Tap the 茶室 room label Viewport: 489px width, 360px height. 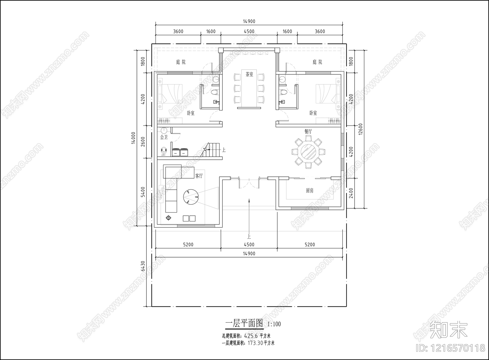(249, 74)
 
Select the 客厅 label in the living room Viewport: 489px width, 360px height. (199, 176)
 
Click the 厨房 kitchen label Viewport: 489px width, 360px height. (310, 191)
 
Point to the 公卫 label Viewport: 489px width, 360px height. (164, 137)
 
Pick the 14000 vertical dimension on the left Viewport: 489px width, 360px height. (133, 138)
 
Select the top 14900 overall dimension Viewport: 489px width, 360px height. (249, 21)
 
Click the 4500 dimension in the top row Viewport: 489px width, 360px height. (249, 31)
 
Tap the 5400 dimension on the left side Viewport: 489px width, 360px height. (143, 192)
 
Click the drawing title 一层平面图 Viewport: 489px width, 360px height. (244, 323)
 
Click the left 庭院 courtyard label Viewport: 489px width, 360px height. (181, 62)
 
